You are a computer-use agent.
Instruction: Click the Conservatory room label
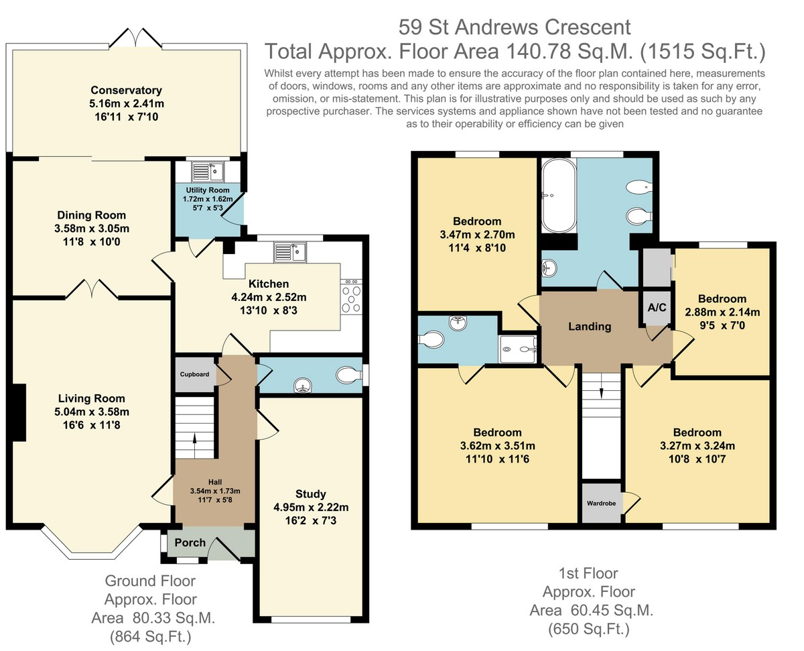pyautogui.click(x=126, y=91)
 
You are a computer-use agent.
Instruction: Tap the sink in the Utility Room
pyautogui.click(x=208, y=172)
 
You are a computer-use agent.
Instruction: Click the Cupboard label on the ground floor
pyautogui.click(x=194, y=374)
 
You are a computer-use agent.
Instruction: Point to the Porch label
pyautogui.click(x=190, y=542)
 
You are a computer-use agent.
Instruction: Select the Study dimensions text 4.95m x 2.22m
pyautogui.click(x=311, y=507)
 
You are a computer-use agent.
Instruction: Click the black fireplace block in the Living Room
pyautogui.click(x=19, y=412)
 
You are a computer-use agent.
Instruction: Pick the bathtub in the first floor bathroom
pyautogui.click(x=559, y=196)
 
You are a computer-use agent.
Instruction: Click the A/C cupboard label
pyautogui.click(x=657, y=307)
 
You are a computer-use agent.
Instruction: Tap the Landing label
pyautogui.click(x=590, y=327)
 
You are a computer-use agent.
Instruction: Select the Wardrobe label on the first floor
pyautogui.click(x=601, y=504)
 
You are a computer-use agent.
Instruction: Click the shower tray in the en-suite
pyautogui.click(x=517, y=349)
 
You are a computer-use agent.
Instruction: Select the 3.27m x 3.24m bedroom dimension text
pyautogui.click(x=697, y=446)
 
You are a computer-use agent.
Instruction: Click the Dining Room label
pyautogui.click(x=91, y=215)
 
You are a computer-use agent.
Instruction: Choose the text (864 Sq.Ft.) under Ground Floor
pyautogui.click(x=151, y=637)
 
